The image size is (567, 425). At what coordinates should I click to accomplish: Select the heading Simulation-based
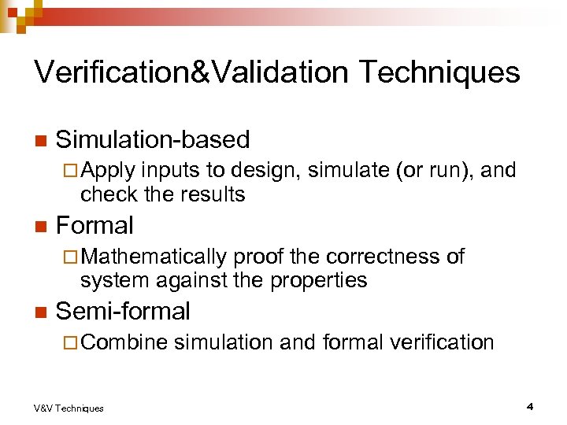click(x=153, y=140)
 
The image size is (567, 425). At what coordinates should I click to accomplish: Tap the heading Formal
click(x=95, y=226)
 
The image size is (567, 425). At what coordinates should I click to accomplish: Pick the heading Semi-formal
click(x=124, y=312)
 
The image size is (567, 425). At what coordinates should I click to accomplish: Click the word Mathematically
click(x=154, y=257)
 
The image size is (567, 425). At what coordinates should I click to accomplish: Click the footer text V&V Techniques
click(x=69, y=408)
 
